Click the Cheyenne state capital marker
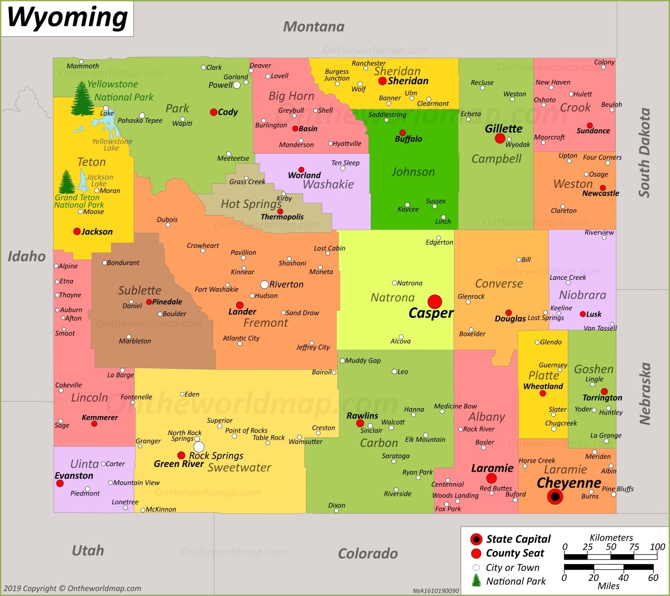pyautogui.click(x=555, y=497)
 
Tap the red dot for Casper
pyautogui.click(x=434, y=302)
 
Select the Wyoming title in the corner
pyautogui.click(x=67, y=18)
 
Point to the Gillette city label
pyautogui.click(x=504, y=128)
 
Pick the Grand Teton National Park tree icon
pyautogui.click(x=66, y=182)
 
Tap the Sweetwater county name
pyautogui.click(x=240, y=468)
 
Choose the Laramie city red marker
pyautogui.click(x=491, y=478)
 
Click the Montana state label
pyautogui.click(x=314, y=26)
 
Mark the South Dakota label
pyautogui.click(x=644, y=152)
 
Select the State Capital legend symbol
pyautogui.click(x=476, y=539)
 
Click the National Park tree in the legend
pyautogui.click(x=476, y=580)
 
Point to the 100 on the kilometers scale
pyautogui.click(x=657, y=547)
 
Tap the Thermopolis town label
pyautogui.click(x=283, y=217)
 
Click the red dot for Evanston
pyautogui.click(x=60, y=483)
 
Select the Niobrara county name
pyautogui.click(x=582, y=295)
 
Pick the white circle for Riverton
pyautogui.click(x=265, y=284)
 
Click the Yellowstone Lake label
pyautogui.click(x=112, y=144)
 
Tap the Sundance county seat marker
pyautogui.click(x=590, y=126)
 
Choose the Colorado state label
pyautogui.click(x=368, y=554)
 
